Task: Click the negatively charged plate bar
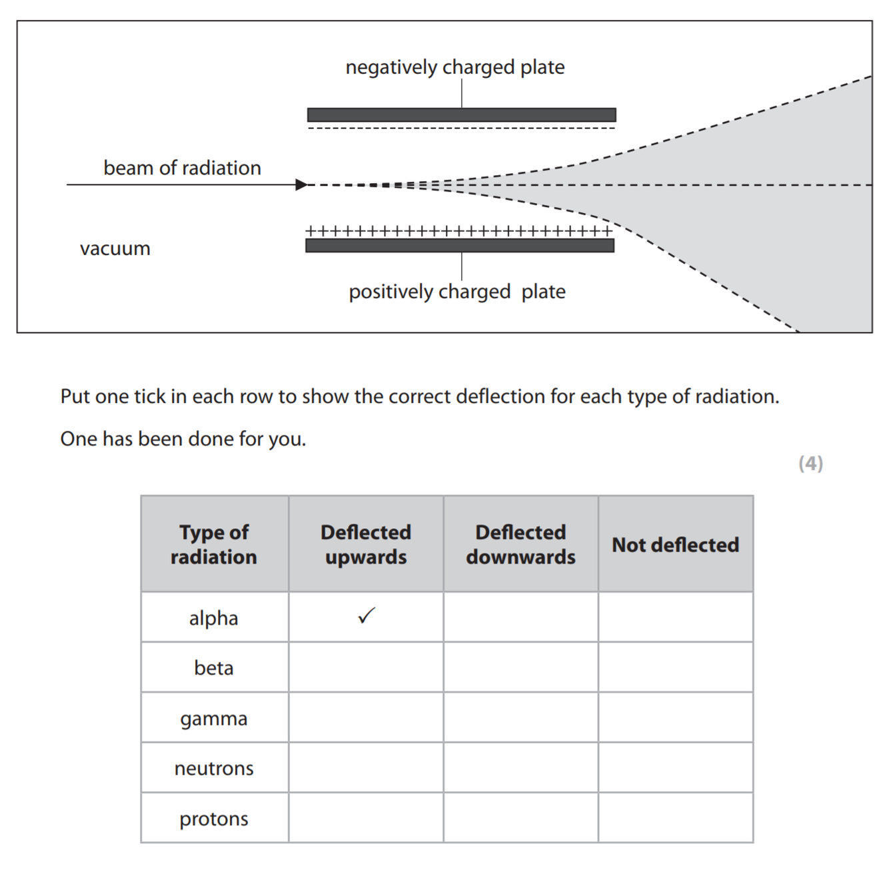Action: click(461, 115)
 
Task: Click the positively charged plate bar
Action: click(460, 246)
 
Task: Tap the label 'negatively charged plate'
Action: click(454, 67)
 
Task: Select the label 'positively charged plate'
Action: click(457, 292)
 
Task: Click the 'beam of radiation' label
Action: click(182, 168)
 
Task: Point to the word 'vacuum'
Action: click(115, 248)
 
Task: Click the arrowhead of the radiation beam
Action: click(302, 184)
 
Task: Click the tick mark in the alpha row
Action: click(367, 616)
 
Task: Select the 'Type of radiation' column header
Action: click(214, 544)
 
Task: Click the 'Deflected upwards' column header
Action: click(366, 544)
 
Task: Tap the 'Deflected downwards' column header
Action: click(520, 544)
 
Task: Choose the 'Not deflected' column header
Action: click(676, 545)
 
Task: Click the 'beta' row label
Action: click(214, 668)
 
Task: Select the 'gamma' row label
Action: click(214, 719)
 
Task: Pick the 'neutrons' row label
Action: click(214, 768)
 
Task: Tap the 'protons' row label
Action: click(214, 818)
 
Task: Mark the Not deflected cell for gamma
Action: click(676, 718)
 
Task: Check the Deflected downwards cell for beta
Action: click(520, 667)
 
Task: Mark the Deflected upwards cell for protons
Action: click(366, 818)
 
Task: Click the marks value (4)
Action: click(810, 463)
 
